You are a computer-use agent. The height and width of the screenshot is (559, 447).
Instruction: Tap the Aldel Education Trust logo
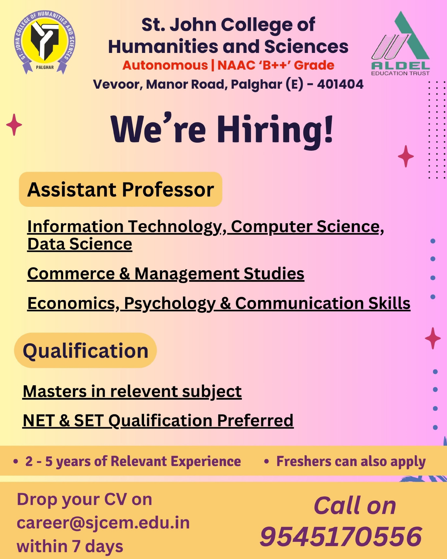(400, 43)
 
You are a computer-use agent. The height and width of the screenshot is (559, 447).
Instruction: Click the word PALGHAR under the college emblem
(45, 67)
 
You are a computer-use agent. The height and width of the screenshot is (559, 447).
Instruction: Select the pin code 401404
(340, 84)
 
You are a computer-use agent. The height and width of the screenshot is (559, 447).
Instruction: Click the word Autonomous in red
(165, 65)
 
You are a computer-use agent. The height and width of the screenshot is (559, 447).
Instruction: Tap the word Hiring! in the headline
(275, 130)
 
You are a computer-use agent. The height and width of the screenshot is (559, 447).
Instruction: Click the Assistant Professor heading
(121, 189)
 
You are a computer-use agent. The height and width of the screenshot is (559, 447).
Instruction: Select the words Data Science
(80, 244)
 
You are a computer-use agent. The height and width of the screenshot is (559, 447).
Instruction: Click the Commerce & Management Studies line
(166, 274)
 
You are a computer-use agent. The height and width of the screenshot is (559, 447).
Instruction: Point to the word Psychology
(170, 304)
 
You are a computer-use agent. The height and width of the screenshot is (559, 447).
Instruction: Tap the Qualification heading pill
(86, 350)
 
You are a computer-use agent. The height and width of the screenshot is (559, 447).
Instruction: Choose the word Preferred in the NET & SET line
(255, 421)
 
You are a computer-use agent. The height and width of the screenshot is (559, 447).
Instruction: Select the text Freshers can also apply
(351, 462)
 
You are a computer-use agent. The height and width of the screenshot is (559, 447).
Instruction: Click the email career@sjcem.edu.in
(103, 523)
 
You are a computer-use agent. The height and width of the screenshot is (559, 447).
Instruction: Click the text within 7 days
(70, 546)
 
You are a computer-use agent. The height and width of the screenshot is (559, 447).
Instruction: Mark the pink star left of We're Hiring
(14, 125)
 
